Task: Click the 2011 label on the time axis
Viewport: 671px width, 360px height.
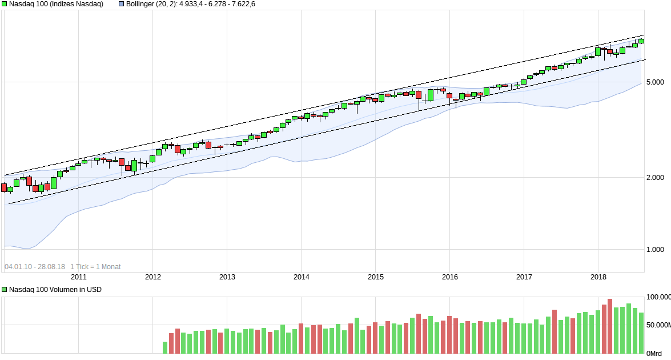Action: pyautogui.click(x=79, y=277)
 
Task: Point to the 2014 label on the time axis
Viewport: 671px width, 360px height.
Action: pyautogui.click(x=302, y=277)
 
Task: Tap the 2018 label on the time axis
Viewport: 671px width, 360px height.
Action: pyautogui.click(x=598, y=277)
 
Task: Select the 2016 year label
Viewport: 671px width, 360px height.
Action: pyautogui.click(x=450, y=277)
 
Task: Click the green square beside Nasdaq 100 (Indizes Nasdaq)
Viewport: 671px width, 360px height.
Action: pyautogui.click(x=5, y=4)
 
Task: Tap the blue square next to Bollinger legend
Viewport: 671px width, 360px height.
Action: pyautogui.click(x=121, y=4)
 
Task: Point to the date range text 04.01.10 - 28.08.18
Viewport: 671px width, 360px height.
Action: pyautogui.click(x=34, y=267)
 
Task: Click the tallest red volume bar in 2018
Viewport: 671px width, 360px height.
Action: pyautogui.click(x=610, y=326)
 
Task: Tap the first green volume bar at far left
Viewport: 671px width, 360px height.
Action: pyautogui.click(x=165, y=348)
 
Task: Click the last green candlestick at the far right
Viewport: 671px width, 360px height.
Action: pyautogui.click(x=641, y=41)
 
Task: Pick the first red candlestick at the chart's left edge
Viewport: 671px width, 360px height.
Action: pyautogui.click(x=4, y=187)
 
